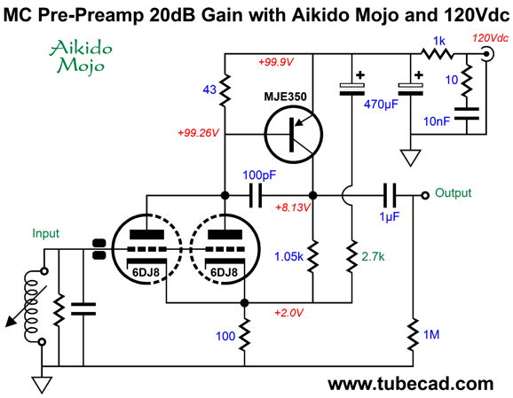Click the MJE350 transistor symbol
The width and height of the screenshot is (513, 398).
pyautogui.click(x=294, y=135)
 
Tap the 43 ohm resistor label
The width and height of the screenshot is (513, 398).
pyautogui.click(x=209, y=90)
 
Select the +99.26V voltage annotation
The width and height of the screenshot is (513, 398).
pyautogui.click(x=198, y=133)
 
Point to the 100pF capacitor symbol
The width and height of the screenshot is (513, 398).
pyautogui.click(x=256, y=195)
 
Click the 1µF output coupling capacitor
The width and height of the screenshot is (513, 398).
pyautogui.click(x=390, y=195)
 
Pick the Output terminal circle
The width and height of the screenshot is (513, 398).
pyautogui.click(x=425, y=195)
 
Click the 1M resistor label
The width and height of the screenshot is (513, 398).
pyautogui.click(x=431, y=334)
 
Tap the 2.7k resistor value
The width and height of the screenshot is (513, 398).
pyautogui.click(x=373, y=257)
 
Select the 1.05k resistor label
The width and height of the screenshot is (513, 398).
pyautogui.click(x=288, y=257)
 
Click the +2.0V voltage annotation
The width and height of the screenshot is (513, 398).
pyautogui.click(x=288, y=313)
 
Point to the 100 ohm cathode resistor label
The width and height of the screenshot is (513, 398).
pyautogui.click(x=225, y=336)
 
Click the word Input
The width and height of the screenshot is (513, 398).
pyautogui.click(x=45, y=233)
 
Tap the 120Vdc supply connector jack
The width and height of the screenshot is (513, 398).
pyautogui.click(x=486, y=53)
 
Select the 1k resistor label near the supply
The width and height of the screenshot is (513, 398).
pyautogui.click(x=439, y=41)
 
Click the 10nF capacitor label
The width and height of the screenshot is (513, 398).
pyautogui.click(x=437, y=121)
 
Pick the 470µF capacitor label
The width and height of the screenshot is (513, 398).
pyautogui.click(x=381, y=105)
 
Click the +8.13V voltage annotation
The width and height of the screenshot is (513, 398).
pyautogui.click(x=293, y=207)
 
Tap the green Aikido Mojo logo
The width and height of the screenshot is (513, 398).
pyautogui.click(x=81, y=57)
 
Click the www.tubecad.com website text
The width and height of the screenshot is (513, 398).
pyautogui.click(x=411, y=385)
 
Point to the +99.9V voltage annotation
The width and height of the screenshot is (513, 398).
pyautogui.click(x=276, y=62)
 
